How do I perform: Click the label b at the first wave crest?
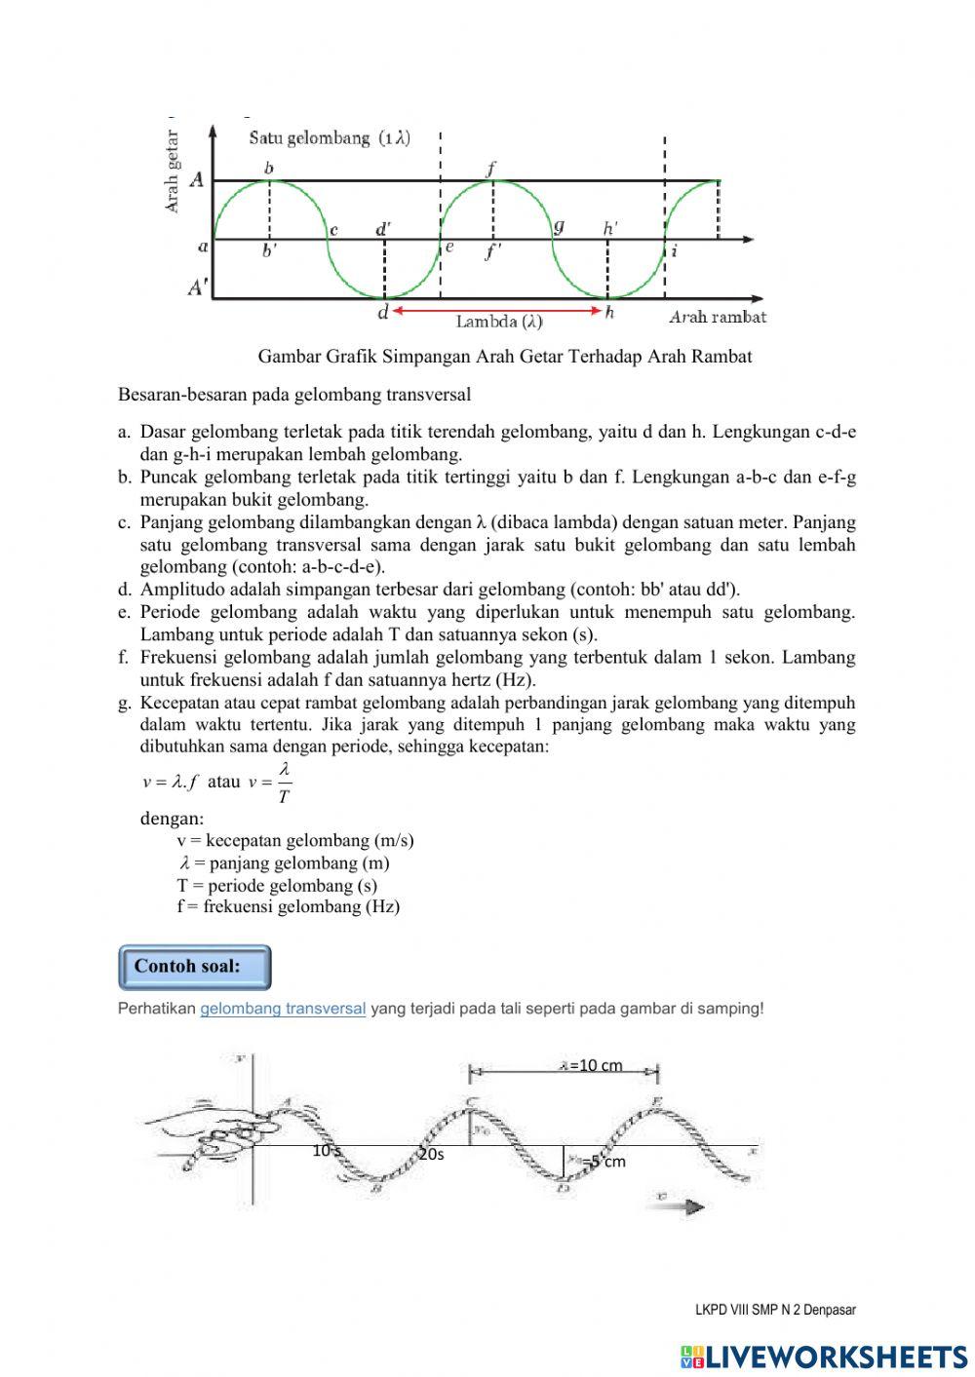[269, 169]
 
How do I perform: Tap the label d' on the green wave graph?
[384, 230]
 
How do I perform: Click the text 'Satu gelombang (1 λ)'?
[330, 138]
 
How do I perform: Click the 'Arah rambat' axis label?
[717, 317]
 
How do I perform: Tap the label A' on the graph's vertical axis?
[198, 288]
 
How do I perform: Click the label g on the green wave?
[559, 226]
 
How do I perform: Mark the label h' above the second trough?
[610, 228]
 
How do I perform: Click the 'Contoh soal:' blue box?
[194, 967]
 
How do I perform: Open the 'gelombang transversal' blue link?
[283, 1009]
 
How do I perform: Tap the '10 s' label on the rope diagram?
[327, 1151]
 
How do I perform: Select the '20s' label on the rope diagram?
[431, 1154]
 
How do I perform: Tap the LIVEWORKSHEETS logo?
[824, 1357]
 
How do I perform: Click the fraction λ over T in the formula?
[284, 783]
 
